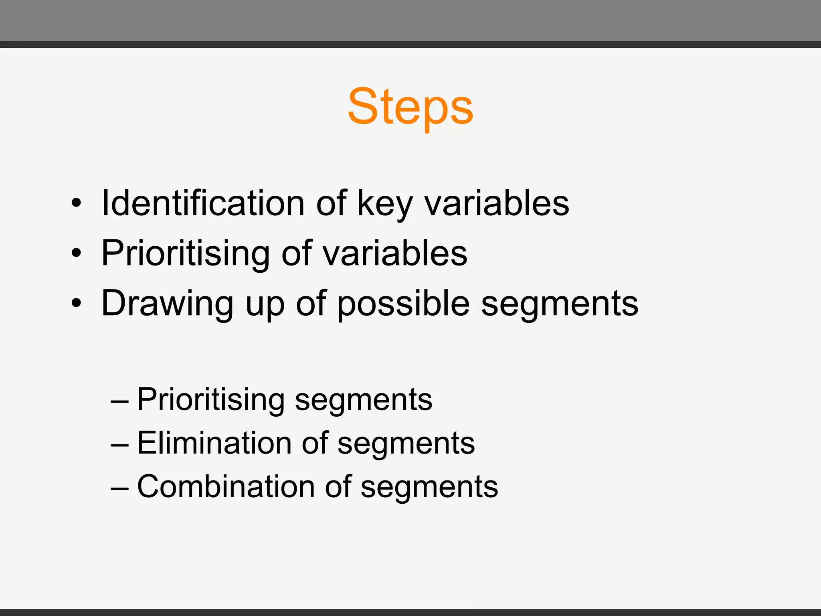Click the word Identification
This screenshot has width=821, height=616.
pyautogui.click(x=203, y=203)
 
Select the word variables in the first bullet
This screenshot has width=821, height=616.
pyautogui.click(x=497, y=203)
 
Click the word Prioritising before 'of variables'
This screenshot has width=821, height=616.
pyautogui.click(x=186, y=253)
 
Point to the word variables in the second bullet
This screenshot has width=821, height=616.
pyautogui.click(x=395, y=253)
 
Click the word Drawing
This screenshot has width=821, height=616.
pyautogui.click(x=167, y=303)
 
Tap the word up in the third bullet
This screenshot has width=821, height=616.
pyautogui.click(x=265, y=304)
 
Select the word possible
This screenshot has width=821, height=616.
pyautogui.click(x=403, y=304)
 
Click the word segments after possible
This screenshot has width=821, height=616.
pyautogui.click(x=559, y=304)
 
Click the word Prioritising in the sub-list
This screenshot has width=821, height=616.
pyautogui.click(x=210, y=399)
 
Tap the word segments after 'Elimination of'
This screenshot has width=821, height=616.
pyautogui.click(x=406, y=444)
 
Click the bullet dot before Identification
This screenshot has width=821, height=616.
pyautogui.click(x=76, y=203)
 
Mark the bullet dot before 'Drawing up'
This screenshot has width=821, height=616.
pyautogui.click(x=76, y=303)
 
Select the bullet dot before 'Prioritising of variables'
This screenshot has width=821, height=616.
pyautogui.click(x=76, y=253)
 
